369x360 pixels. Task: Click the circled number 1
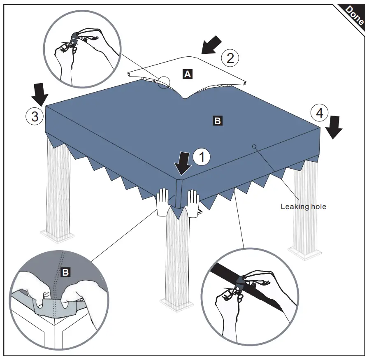pyautogui.click(x=202, y=157)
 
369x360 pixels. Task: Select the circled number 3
pyautogui.click(x=35, y=116)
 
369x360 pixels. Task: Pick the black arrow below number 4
pyautogui.click(x=336, y=127)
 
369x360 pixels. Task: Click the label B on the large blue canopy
pyautogui.click(x=217, y=121)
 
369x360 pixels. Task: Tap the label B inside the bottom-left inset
pyautogui.click(x=65, y=272)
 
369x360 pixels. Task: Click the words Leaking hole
pyautogui.click(x=303, y=206)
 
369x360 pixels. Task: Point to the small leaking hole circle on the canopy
pyautogui.click(x=254, y=146)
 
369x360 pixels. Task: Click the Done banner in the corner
pyautogui.click(x=354, y=16)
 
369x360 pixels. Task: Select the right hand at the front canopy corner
pyautogui.click(x=193, y=203)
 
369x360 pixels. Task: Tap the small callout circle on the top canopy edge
pyautogui.click(x=163, y=83)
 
